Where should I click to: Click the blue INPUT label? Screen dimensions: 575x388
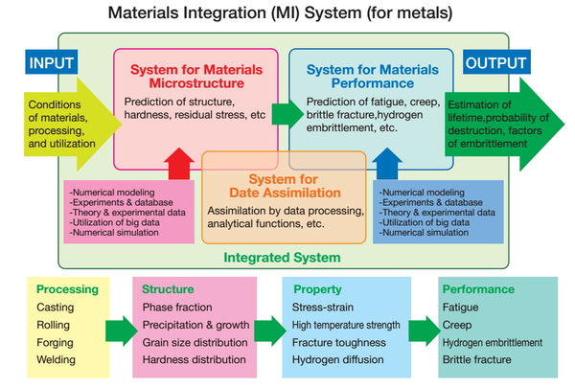point(52,62)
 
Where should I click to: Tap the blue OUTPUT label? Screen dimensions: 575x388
point(496,62)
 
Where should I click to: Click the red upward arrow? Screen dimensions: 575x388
point(179,164)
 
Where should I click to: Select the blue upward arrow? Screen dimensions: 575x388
point(387,164)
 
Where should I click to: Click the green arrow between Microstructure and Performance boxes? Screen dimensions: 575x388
point(287,114)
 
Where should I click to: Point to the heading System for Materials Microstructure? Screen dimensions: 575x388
point(196,77)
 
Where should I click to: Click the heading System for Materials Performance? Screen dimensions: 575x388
point(373,77)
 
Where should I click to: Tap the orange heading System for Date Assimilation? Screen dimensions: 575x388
point(285,186)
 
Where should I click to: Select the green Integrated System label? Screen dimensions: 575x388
point(282,258)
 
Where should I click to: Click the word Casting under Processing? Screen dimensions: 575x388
point(55,308)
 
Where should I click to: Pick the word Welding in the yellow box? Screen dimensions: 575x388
point(56,360)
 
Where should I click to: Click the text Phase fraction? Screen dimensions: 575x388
point(177,308)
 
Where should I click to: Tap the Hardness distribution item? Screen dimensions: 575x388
point(194,360)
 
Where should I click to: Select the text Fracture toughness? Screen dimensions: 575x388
point(339,343)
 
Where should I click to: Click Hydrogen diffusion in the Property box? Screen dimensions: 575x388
point(337,360)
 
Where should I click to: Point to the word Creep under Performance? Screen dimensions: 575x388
point(457,325)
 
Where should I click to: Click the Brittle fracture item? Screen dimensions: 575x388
point(476,360)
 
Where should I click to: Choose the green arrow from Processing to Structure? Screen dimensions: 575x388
point(122,331)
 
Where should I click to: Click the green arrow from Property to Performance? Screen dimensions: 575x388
point(425,331)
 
